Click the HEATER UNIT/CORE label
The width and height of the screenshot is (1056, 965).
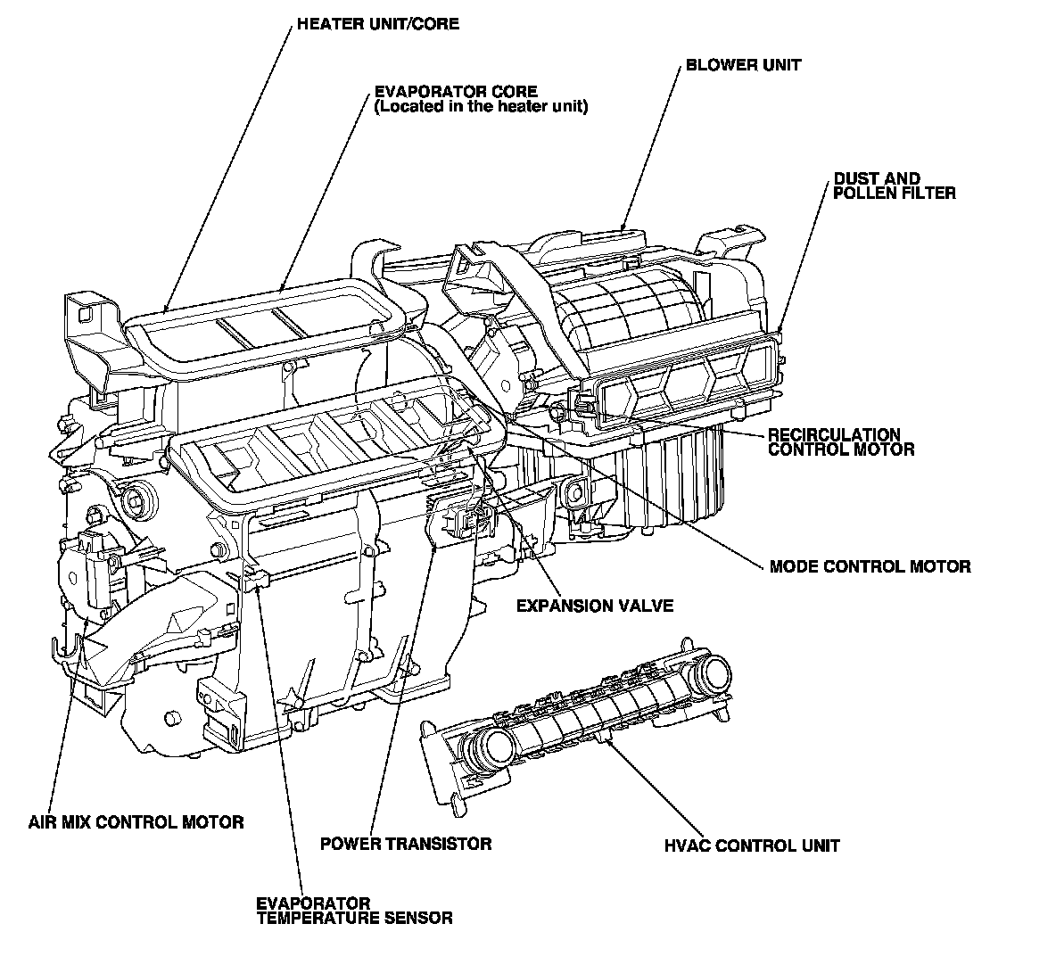tap(377, 24)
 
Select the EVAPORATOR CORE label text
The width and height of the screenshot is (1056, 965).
tap(455, 92)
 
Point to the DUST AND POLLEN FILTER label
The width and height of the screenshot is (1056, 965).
tap(894, 186)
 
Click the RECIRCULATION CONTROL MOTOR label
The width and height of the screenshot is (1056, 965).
tap(840, 442)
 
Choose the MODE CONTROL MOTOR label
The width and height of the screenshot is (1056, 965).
tap(870, 566)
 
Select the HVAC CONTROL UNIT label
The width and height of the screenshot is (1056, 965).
tap(751, 845)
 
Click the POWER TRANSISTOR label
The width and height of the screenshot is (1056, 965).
tap(406, 843)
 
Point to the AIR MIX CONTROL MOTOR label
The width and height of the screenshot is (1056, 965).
tap(136, 821)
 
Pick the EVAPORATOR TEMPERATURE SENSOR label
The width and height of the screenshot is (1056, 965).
tap(354, 910)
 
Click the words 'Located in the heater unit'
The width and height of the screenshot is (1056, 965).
tap(482, 107)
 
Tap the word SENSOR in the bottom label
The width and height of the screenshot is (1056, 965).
tap(418, 917)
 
